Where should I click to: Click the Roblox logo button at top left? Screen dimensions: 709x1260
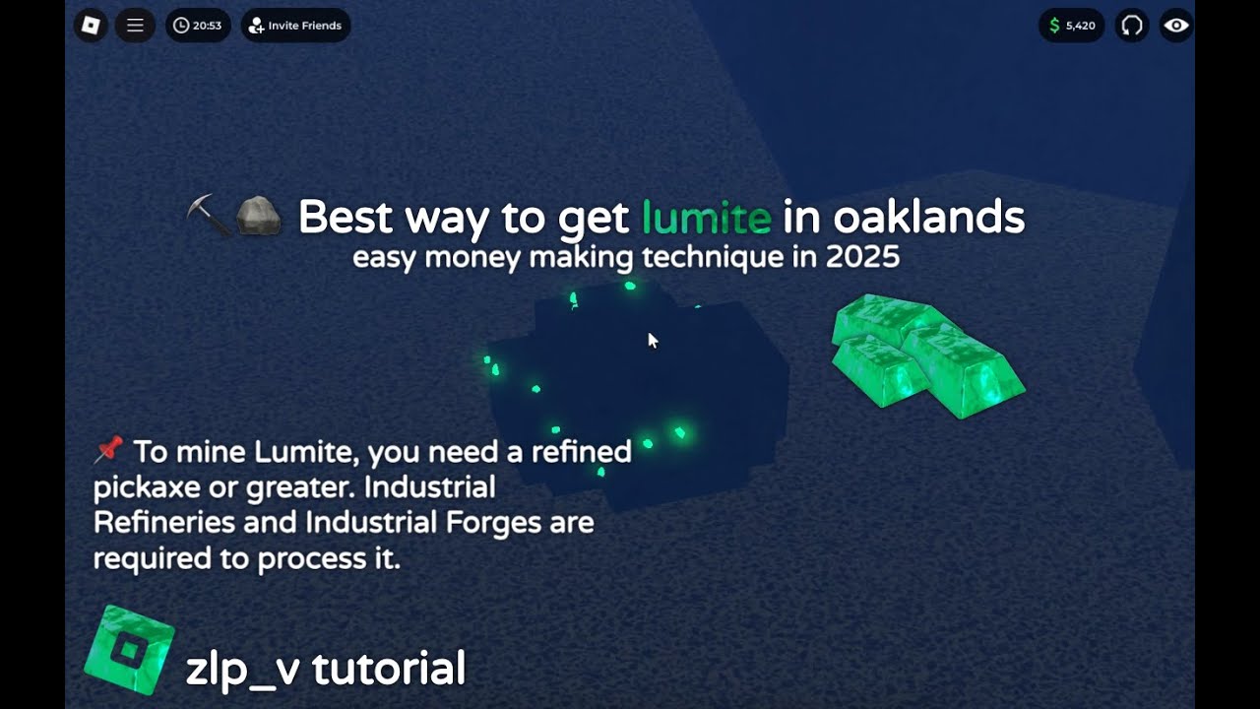pyautogui.click(x=91, y=26)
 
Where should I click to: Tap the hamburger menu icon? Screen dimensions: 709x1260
pyautogui.click(x=136, y=26)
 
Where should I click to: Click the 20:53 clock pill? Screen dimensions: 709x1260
pyautogui.click(x=198, y=26)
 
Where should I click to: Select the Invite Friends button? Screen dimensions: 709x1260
pyautogui.click(x=295, y=26)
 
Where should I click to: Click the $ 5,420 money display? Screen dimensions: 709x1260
pyautogui.click(x=1071, y=26)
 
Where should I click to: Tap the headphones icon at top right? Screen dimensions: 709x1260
pyautogui.click(x=1132, y=26)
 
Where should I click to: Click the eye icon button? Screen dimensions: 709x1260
pyautogui.click(x=1176, y=26)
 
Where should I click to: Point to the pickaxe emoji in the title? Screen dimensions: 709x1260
pyautogui.click(x=209, y=215)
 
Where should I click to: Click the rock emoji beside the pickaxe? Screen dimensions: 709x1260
pyautogui.click(x=260, y=215)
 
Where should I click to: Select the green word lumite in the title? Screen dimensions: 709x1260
pyautogui.click(x=706, y=218)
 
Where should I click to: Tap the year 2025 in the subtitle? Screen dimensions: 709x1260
pyautogui.click(x=862, y=258)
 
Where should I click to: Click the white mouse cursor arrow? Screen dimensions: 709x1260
pyautogui.click(x=652, y=340)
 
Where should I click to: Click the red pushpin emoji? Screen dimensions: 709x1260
pyautogui.click(x=107, y=450)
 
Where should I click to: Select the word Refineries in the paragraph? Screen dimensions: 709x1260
pyautogui.click(x=164, y=522)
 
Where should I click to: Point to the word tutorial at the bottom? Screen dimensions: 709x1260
pyautogui.click(x=389, y=669)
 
